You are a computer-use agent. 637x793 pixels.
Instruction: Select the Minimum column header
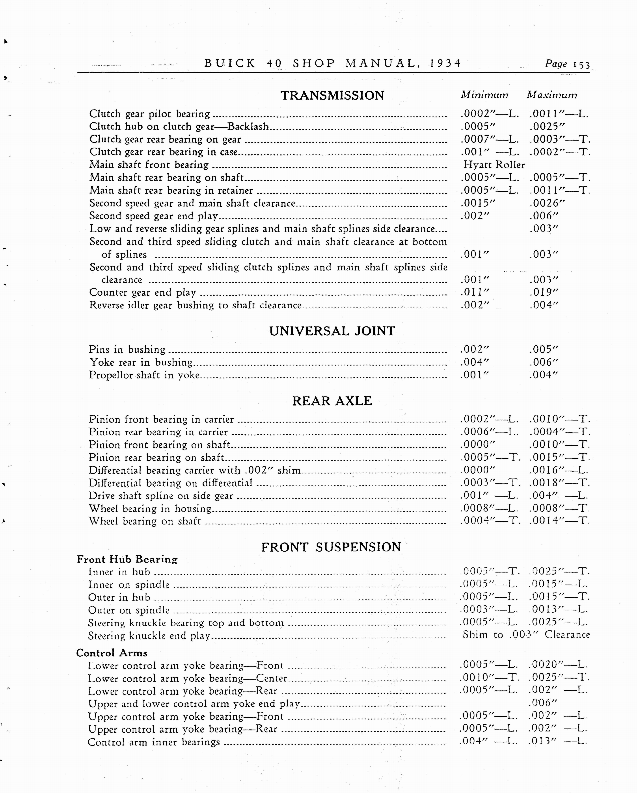click(x=484, y=95)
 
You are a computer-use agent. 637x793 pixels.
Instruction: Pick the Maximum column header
click(x=552, y=95)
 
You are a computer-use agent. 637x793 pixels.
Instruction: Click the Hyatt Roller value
click(x=494, y=165)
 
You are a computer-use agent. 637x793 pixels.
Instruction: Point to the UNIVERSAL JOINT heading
click(x=332, y=331)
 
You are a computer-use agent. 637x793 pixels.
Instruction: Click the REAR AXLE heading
click(x=332, y=401)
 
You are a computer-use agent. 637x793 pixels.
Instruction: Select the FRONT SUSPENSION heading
click(x=331, y=547)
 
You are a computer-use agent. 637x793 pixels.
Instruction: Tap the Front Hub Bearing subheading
click(x=127, y=560)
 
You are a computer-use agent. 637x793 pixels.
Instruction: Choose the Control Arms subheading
click(x=112, y=653)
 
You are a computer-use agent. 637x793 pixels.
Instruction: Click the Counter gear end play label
click(x=142, y=292)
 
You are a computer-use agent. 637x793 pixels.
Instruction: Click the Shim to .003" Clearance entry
click(x=526, y=634)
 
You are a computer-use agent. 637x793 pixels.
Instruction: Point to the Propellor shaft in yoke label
click(x=144, y=375)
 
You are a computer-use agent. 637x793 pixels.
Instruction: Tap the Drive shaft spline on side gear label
click(x=161, y=496)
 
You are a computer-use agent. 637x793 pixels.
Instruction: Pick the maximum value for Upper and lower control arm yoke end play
click(x=543, y=703)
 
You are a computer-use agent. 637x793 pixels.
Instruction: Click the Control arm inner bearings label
click(x=154, y=742)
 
